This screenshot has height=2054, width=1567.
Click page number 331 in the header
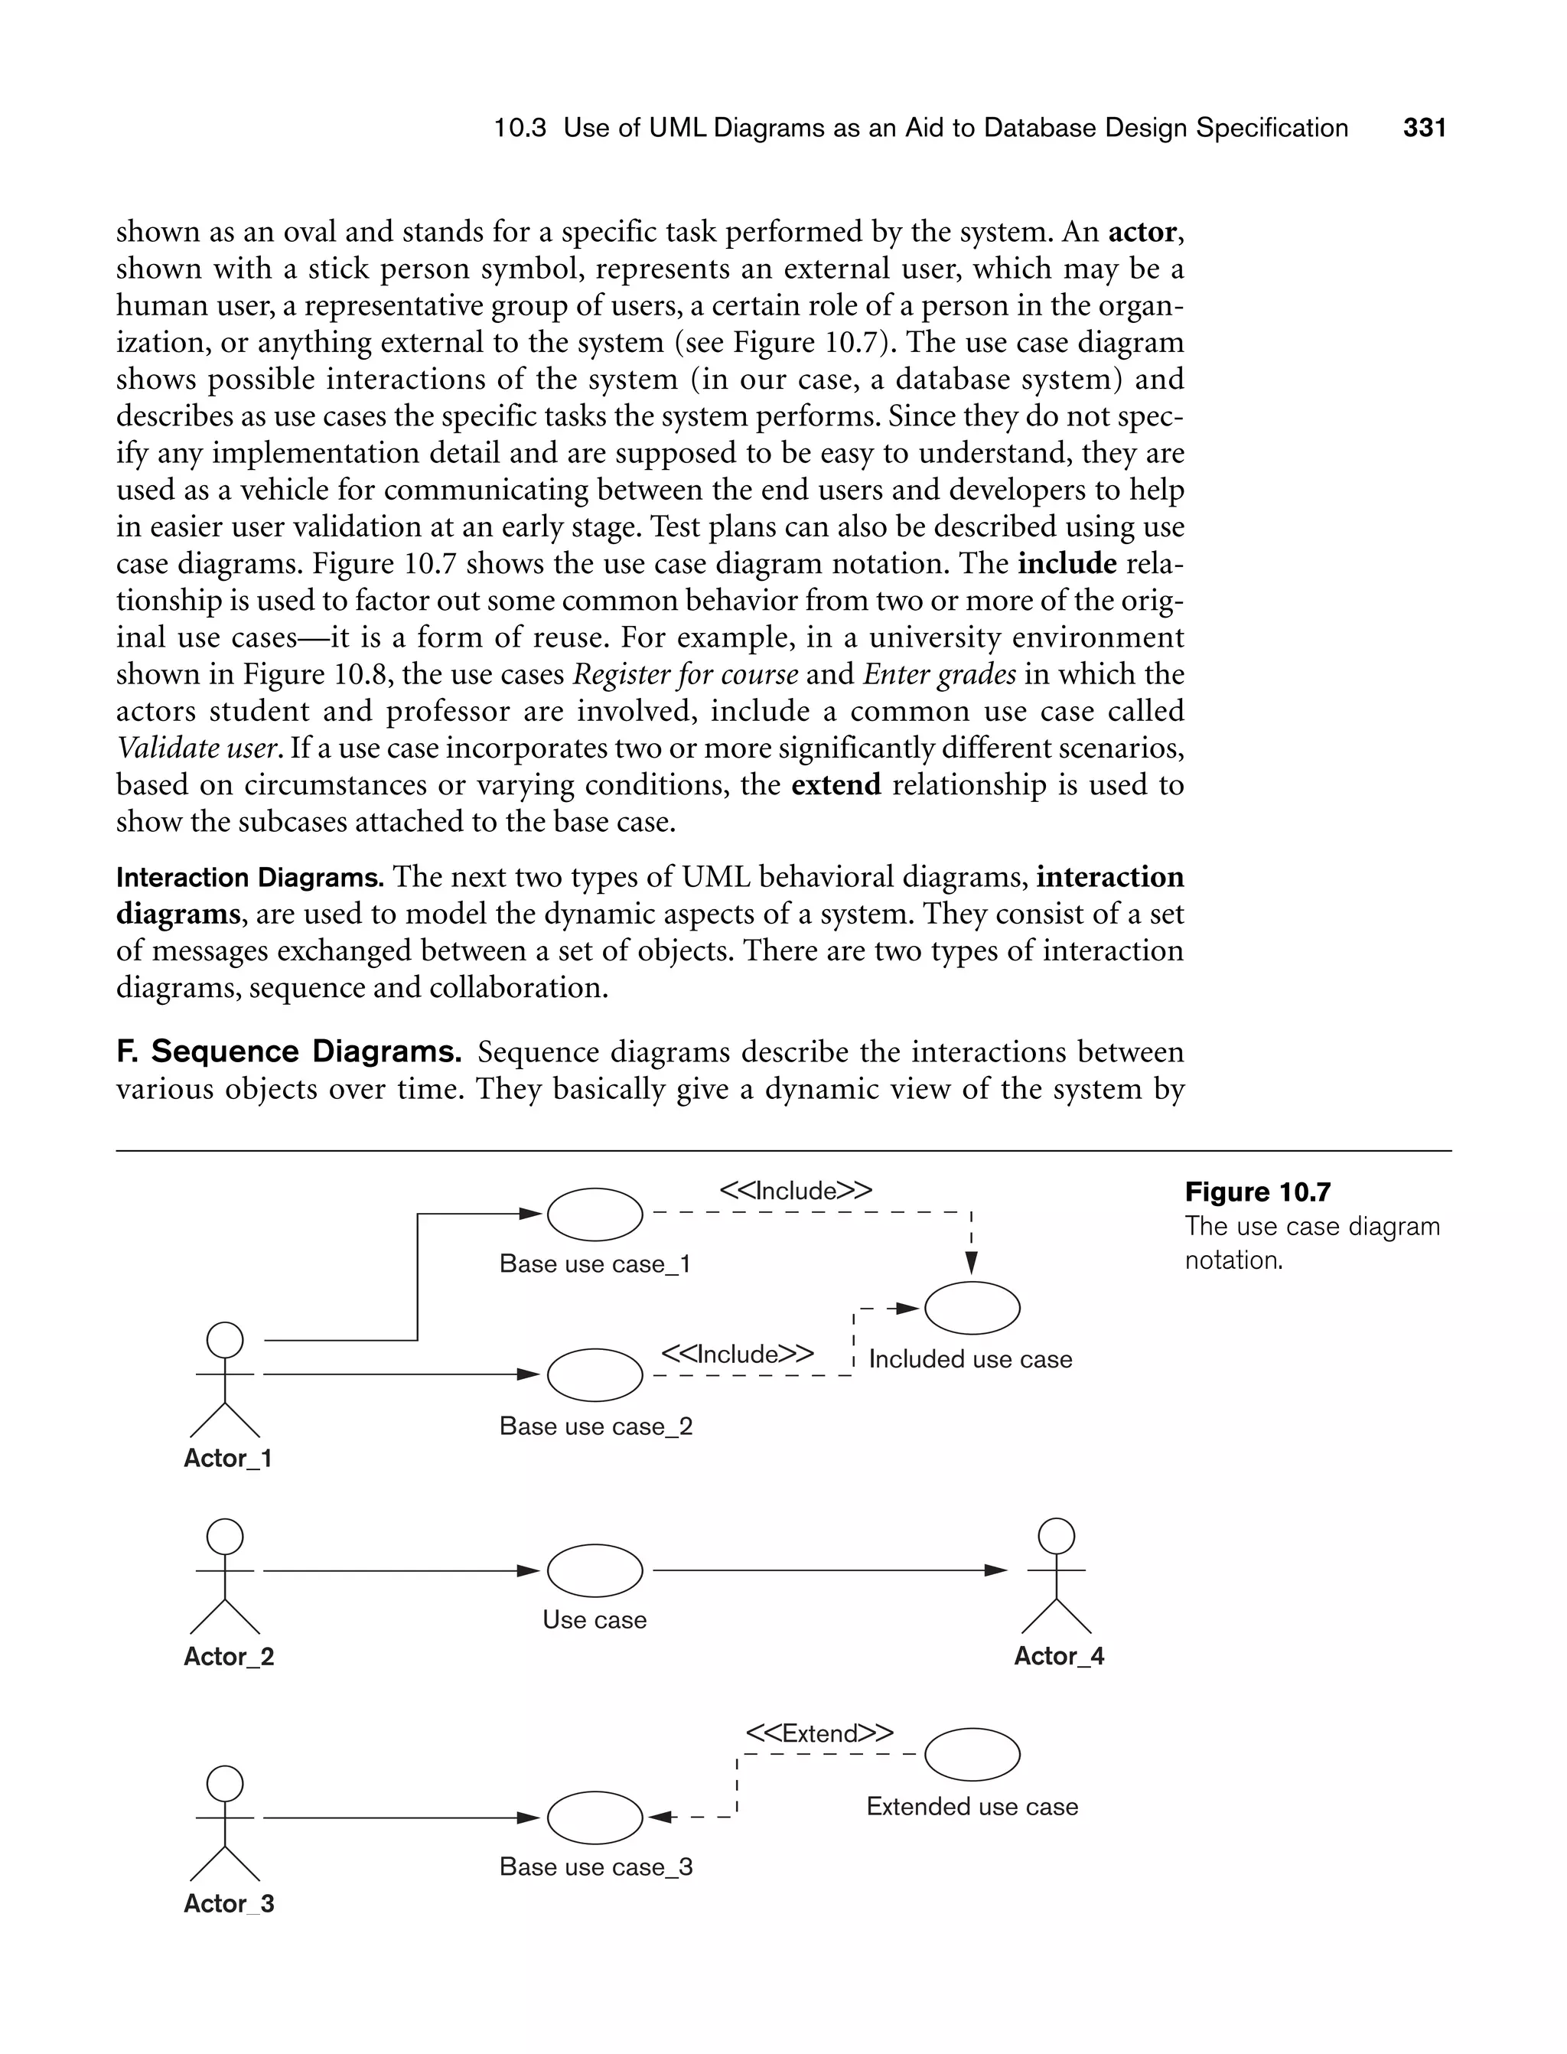click(x=1424, y=128)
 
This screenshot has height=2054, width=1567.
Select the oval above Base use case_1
click(x=595, y=1214)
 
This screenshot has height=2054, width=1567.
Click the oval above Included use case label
click(x=971, y=1308)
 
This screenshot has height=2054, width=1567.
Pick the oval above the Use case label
click(x=595, y=1571)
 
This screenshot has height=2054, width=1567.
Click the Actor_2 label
click(x=229, y=1657)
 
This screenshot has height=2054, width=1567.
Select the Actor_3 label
click(x=229, y=1904)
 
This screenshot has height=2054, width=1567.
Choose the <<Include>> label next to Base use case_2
click(x=737, y=1354)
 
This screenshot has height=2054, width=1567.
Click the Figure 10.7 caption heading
click(x=1257, y=1192)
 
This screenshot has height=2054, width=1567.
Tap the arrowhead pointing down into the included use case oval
click(x=971, y=1263)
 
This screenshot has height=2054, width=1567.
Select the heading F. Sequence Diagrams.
click(x=288, y=1051)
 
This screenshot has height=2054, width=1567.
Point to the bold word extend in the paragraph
click(x=836, y=784)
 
